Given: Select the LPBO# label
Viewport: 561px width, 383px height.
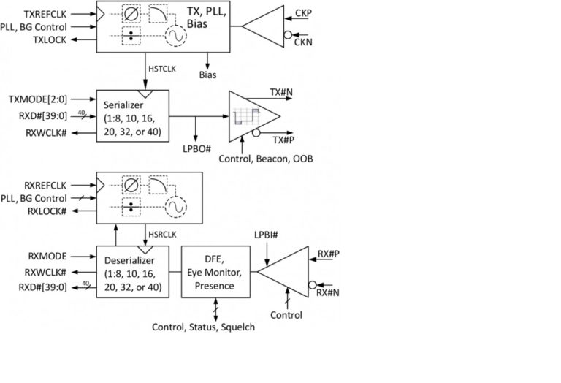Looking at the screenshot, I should click(x=196, y=149).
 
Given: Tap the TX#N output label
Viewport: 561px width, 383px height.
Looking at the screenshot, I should click(x=282, y=92).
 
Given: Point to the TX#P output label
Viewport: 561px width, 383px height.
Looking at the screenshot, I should click(x=282, y=139).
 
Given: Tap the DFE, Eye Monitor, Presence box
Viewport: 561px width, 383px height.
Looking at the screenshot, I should click(x=215, y=272).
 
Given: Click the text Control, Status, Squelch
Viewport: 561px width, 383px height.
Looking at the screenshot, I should click(x=204, y=327).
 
